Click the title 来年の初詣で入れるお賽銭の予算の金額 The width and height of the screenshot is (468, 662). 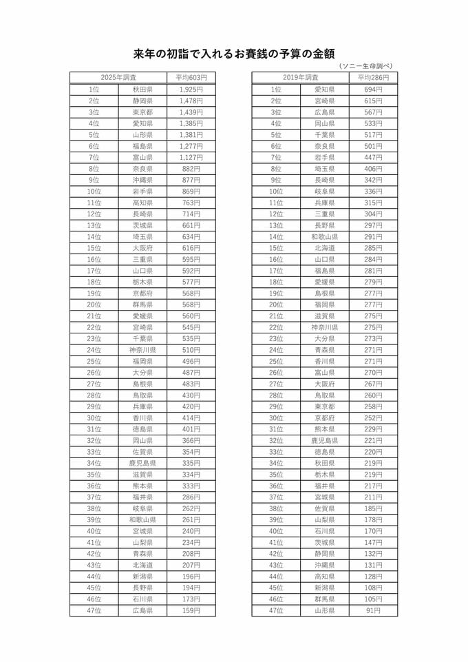click(x=233, y=53)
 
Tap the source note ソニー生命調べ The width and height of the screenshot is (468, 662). click(x=365, y=66)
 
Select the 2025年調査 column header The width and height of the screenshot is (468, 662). click(x=118, y=78)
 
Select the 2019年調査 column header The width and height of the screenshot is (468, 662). click(x=300, y=78)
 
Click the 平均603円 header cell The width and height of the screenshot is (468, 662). click(x=191, y=78)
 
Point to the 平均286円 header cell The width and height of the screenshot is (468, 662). click(x=373, y=78)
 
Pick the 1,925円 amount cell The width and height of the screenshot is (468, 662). click(x=191, y=90)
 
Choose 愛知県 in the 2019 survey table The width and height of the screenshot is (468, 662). click(x=324, y=90)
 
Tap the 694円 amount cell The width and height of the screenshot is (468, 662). click(x=373, y=90)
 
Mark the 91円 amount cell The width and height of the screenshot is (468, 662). click(x=373, y=610)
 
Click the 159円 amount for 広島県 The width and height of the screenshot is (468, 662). click(x=191, y=610)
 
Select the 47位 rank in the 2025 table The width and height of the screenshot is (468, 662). click(x=94, y=610)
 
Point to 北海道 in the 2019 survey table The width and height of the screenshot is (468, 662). click(x=324, y=248)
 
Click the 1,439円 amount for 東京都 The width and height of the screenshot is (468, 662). click(x=191, y=112)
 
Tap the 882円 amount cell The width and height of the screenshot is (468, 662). click(x=191, y=169)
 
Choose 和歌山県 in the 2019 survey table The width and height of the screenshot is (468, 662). click(x=324, y=237)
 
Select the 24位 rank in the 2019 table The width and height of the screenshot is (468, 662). click(x=276, y=350)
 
